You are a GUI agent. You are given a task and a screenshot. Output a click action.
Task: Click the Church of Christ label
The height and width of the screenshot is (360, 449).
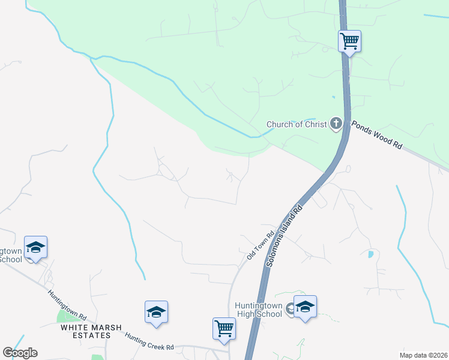(297, 125)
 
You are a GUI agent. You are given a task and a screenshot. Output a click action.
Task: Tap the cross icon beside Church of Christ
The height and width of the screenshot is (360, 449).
(336, 124)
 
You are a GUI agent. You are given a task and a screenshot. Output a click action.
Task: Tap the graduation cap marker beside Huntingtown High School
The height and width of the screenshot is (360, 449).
(305, 307)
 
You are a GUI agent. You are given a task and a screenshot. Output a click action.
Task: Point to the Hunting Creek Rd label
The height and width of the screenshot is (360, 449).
(149, 342)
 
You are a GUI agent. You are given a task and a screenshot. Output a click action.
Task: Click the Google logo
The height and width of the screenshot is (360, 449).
(20, 353)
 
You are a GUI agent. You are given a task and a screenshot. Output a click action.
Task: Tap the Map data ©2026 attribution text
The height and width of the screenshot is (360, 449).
(423, 355)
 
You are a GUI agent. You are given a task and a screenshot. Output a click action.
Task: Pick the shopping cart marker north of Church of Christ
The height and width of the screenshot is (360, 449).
(349, 41)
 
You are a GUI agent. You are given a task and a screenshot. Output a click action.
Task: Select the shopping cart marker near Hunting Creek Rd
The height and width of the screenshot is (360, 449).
(224, 329)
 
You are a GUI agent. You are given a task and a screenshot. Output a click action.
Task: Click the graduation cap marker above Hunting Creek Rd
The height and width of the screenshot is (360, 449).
(156, 312)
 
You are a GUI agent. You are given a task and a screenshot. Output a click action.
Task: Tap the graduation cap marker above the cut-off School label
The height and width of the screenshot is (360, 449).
(35, 247)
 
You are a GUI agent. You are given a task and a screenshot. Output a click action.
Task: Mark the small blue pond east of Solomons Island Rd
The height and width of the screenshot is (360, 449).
(370, 254)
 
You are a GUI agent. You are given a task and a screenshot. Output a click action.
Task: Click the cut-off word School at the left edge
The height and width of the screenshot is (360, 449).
(11, 259)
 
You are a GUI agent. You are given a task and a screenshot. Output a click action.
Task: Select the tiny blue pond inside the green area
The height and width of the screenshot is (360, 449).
(333, 97)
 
